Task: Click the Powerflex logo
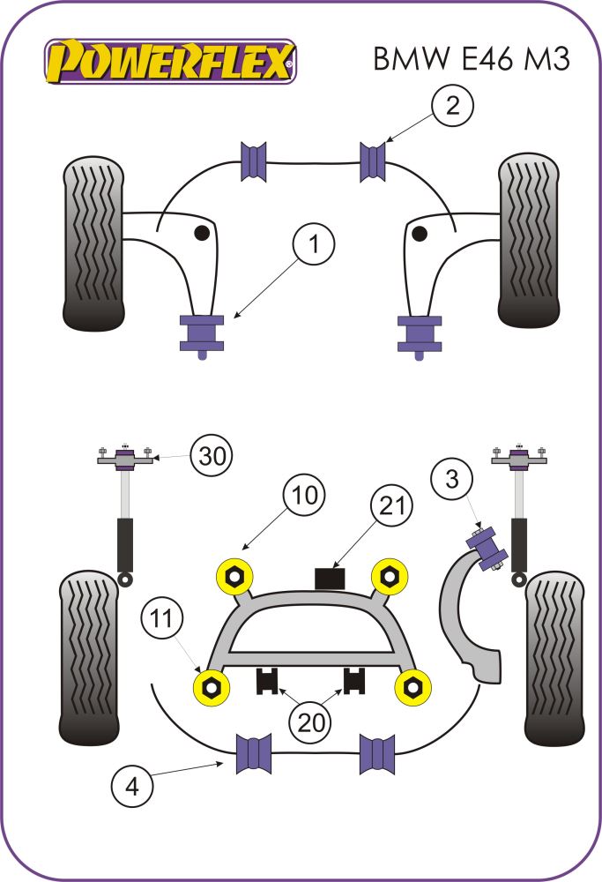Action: coord(171,62)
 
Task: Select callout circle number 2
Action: coord(452,108)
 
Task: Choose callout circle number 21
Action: coord(391,505)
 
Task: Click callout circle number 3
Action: coord(451,481)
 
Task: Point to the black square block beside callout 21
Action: coord(331,579)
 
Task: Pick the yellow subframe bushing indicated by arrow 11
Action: coord(212,687)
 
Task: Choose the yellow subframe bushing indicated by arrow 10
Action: coord(235,576)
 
